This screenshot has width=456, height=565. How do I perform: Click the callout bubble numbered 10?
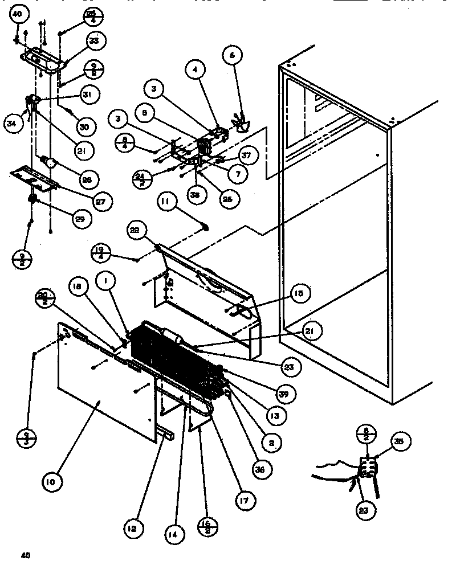pyautogui.click(x=51, y=482)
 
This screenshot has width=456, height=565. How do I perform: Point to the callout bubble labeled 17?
pyautogui.click(x=243, y=501)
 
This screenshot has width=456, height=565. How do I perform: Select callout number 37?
pyautogui.click(x=246, y=154)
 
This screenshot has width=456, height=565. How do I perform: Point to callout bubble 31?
pyautogui.click(x=89, y=94)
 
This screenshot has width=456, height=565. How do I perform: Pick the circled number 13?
pyautogui.click(x=275, y=416)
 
